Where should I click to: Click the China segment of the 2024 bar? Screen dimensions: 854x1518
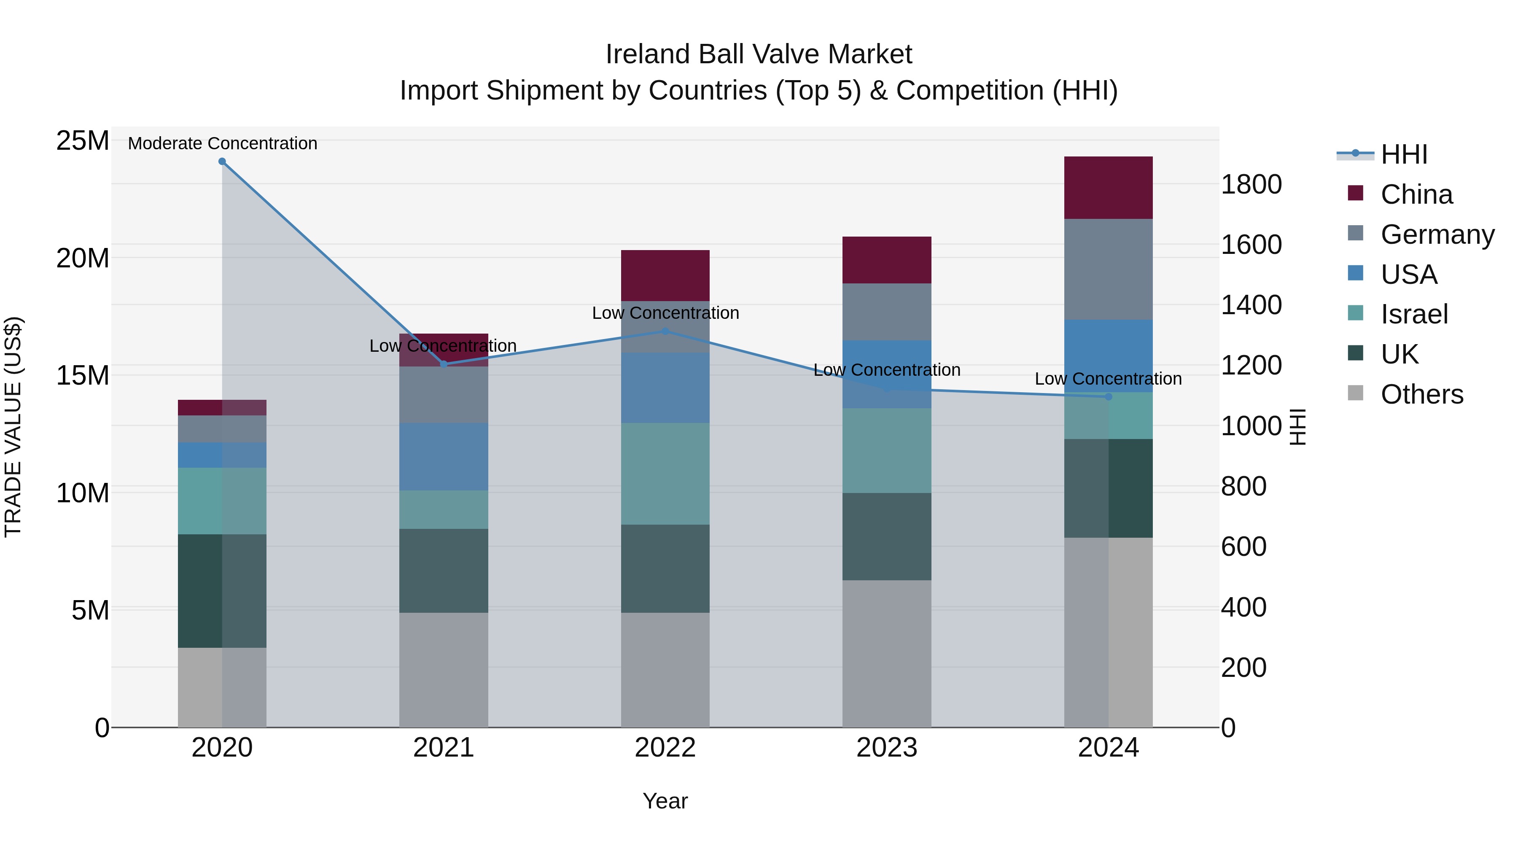(1108, 187)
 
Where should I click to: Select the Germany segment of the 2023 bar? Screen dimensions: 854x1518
(886, 311)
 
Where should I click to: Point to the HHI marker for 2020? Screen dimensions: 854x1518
(222, 162)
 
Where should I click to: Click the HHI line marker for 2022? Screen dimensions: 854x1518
(665, 331)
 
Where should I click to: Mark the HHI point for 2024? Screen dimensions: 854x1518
(1108, 397)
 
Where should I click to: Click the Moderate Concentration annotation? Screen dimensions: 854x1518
(222, 143)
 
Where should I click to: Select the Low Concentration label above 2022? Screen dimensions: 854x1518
(665, 313)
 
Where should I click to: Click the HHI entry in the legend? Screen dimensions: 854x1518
(1404, 154)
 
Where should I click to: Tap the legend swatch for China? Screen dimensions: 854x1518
(1355, 193)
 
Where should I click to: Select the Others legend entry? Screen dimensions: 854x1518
(1421, 394)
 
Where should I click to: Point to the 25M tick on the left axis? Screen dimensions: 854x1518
(83, 141)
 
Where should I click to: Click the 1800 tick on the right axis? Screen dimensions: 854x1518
(1251, 184)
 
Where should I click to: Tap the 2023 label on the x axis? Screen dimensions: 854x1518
(886, 748)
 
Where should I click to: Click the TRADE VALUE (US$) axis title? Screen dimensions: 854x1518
(13, 427)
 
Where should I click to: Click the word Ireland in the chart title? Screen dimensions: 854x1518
(647, 54)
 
